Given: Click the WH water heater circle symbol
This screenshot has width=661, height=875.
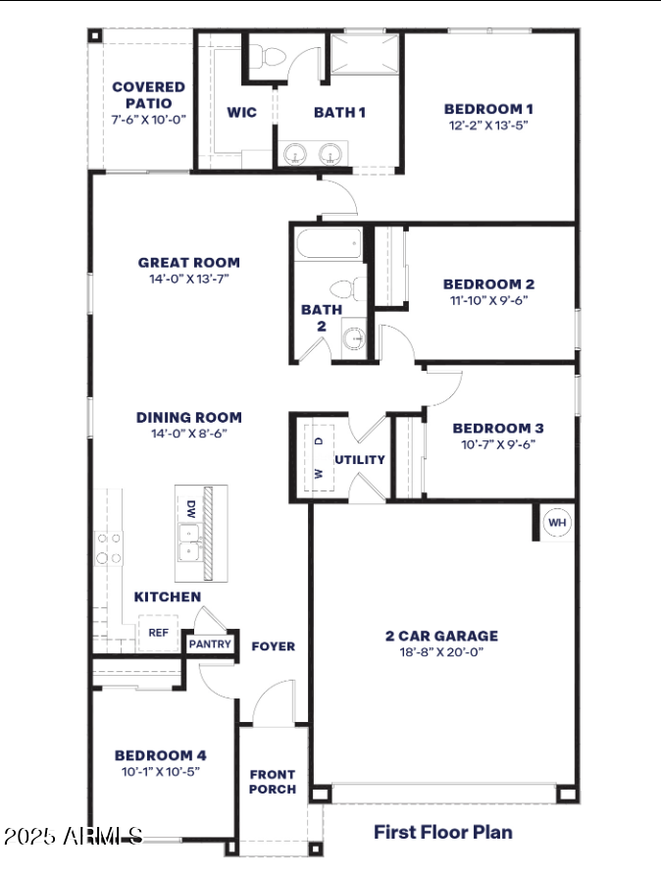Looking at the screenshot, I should click(x=557, y=523).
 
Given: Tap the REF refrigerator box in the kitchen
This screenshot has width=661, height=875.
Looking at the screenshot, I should click(x=158, y=633).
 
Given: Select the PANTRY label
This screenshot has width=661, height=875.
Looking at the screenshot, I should click(x=210, y=644).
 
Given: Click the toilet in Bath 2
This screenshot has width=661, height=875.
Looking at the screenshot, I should click(x=344, y=289).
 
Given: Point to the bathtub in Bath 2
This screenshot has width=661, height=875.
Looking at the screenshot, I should click(x=329, y=244).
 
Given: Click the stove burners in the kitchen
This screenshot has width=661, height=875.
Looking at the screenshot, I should click(x=108, y=548).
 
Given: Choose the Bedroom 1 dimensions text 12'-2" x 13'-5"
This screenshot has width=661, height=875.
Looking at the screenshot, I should click(x=488, y=126).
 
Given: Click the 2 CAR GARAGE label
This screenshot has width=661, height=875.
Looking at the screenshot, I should click(x=441, y=636).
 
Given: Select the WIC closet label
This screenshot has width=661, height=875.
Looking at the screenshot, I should click(x=241, y=112).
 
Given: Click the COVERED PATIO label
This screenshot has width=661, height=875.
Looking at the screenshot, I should click(x=148, y=94).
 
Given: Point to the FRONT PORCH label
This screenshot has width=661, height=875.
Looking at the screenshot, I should click(x=272, y=782).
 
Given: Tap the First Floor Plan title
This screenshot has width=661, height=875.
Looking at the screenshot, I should click(x=442, y=832).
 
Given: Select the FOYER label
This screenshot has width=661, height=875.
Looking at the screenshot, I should click(x=273, y=645).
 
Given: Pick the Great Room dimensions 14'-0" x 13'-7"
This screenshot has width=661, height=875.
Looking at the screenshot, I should click(x=188, y=279).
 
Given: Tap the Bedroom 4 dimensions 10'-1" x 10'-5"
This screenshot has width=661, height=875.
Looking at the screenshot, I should click(x=160, y=772).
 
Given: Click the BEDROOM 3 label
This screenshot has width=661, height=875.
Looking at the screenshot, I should click(x=497, y=428).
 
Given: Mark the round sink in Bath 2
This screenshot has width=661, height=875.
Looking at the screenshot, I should click(x=355, y=339).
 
